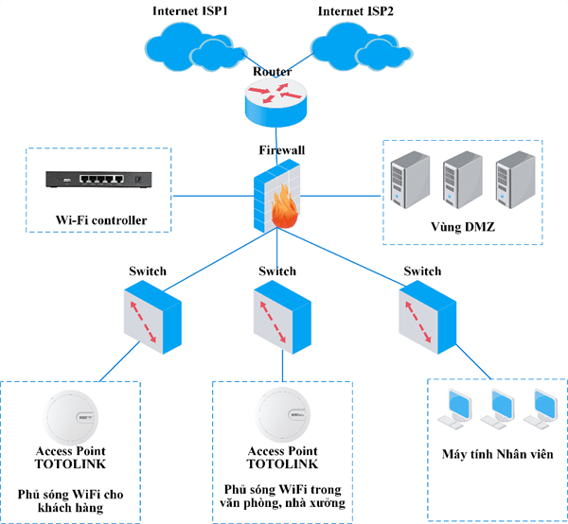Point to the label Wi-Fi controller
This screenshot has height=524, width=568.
click(101, 221)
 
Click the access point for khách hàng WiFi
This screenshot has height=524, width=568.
click(72, 414)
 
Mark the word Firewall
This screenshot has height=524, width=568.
click(281, 149)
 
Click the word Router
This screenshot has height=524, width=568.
click(273, 71)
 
